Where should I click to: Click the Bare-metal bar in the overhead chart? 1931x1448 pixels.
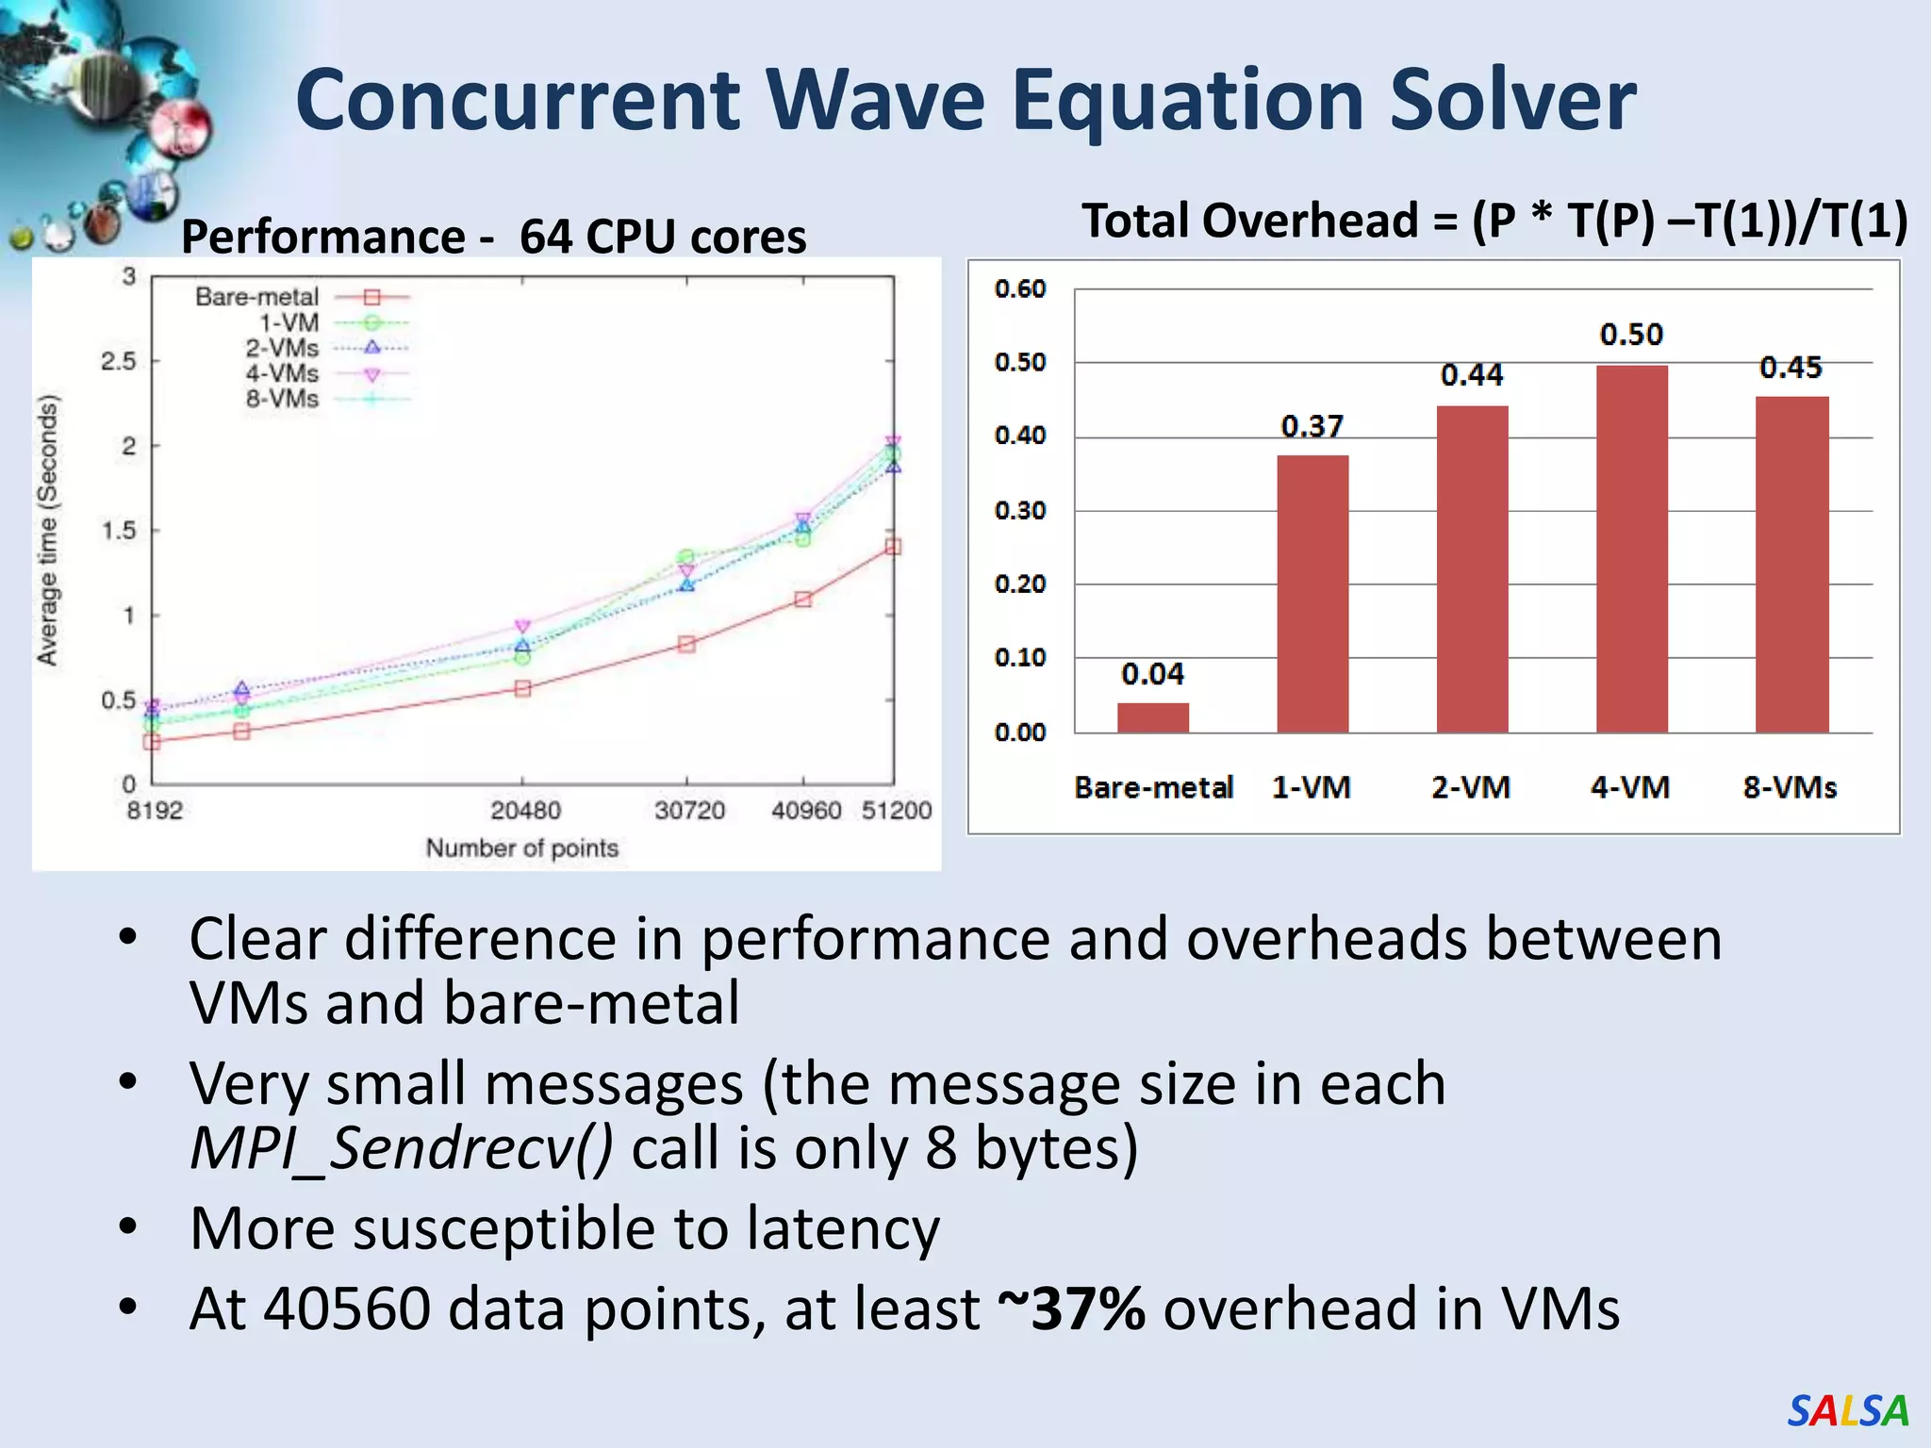point(1152,717)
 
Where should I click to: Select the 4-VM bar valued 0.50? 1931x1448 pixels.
point(1631,549)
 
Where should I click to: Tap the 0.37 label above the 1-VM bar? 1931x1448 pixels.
point(1312,426)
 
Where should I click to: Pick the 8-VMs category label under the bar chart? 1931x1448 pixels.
point(1789,787)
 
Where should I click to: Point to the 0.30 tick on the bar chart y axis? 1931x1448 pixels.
point(1020,510)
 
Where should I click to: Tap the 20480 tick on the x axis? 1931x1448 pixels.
point(525,810)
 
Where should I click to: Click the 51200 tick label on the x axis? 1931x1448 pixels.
point(896,810)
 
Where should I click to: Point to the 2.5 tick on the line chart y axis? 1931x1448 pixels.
point(119,361)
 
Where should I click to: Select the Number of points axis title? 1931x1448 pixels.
point(521,847)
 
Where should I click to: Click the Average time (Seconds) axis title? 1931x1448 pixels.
point(47,530)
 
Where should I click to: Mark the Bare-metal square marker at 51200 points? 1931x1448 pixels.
point(893,547)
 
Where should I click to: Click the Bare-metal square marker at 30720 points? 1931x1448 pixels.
point(686,644)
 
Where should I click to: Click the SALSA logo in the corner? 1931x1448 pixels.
point(1847,1410)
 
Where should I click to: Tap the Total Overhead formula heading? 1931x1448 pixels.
point(1494,221)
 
